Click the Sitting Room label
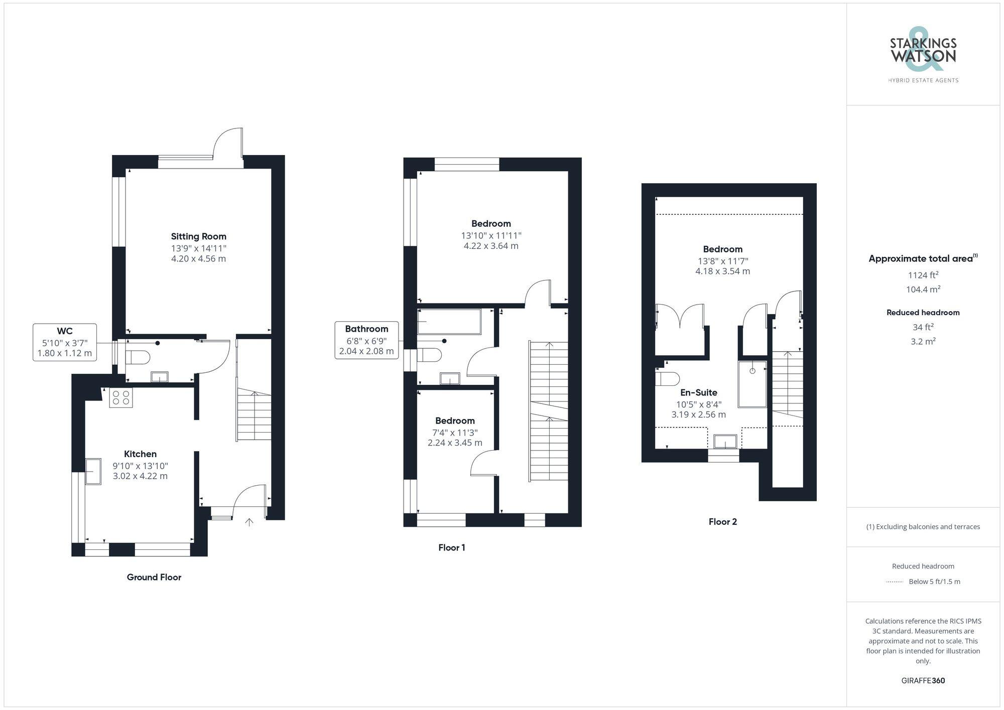coord(198,236)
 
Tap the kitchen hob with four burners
coord(121,398)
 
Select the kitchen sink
coord(93,471)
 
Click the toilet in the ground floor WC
coord(137,357)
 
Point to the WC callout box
coord(65,342)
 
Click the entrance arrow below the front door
coord(249,522)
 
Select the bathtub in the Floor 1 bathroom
coord(449,322)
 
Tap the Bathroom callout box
coord(366,340)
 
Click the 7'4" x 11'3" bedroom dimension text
coord(455,433)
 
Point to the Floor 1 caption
coord(451,547)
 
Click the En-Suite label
coord(698,392)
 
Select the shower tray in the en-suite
coord(752,384)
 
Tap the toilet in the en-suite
coord(667,378)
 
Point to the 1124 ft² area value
coord(923,275)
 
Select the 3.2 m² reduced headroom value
coord(923,341)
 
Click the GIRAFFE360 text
coord(923,680)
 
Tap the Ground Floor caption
coord(154,577)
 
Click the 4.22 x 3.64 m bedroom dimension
coord(490,246)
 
